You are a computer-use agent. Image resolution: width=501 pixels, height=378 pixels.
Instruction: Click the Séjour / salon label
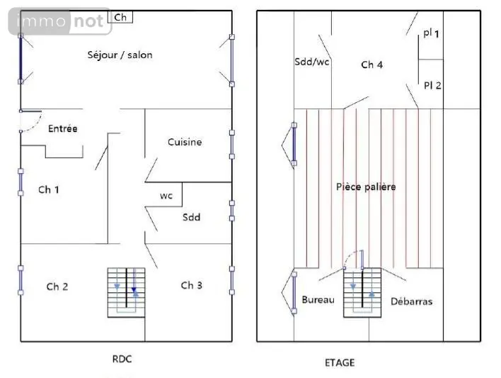[x=120, y=55]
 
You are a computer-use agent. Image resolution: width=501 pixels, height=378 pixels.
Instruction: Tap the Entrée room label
[x=62, y=128]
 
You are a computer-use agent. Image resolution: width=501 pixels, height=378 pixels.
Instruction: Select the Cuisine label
[x=185, y=142]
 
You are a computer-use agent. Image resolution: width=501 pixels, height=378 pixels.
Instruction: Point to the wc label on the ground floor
[x=166, y=196]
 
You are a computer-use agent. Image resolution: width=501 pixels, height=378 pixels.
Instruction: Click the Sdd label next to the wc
[x=191, y=217]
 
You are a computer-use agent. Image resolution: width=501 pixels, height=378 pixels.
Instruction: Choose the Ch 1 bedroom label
[x=49, y=189]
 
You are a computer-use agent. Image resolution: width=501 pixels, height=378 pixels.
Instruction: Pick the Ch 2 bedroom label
[x=57, y=287]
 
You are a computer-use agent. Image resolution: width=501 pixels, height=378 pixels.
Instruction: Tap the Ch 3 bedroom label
[x=191, y=285]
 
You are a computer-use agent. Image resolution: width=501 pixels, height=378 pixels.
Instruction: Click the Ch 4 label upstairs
[x=372, y=65]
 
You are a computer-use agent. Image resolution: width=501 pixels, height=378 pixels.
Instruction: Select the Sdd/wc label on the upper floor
[x=312, y=62]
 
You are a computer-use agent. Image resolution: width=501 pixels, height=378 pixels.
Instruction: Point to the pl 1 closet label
[x=431, y=33]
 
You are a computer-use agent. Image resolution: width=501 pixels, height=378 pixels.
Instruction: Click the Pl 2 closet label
[x=432, y=86]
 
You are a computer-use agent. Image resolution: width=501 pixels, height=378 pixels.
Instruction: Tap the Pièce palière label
[x=366, y=187]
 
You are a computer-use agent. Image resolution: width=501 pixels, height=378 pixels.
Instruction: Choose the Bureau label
[x=318, y=299]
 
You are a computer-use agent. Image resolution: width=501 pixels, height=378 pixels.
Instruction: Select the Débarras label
[x=412, y=301]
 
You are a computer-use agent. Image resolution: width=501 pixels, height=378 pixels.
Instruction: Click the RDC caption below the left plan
[x=122, y=359]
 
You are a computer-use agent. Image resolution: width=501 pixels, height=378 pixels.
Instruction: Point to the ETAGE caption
[x=340, y=362]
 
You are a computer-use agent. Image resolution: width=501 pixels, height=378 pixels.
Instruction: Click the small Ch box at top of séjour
[x=120, y=17]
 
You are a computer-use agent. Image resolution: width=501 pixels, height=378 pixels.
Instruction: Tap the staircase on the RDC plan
[x=126, y=292]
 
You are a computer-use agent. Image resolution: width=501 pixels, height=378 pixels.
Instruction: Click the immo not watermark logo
[x=60, y=21]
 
